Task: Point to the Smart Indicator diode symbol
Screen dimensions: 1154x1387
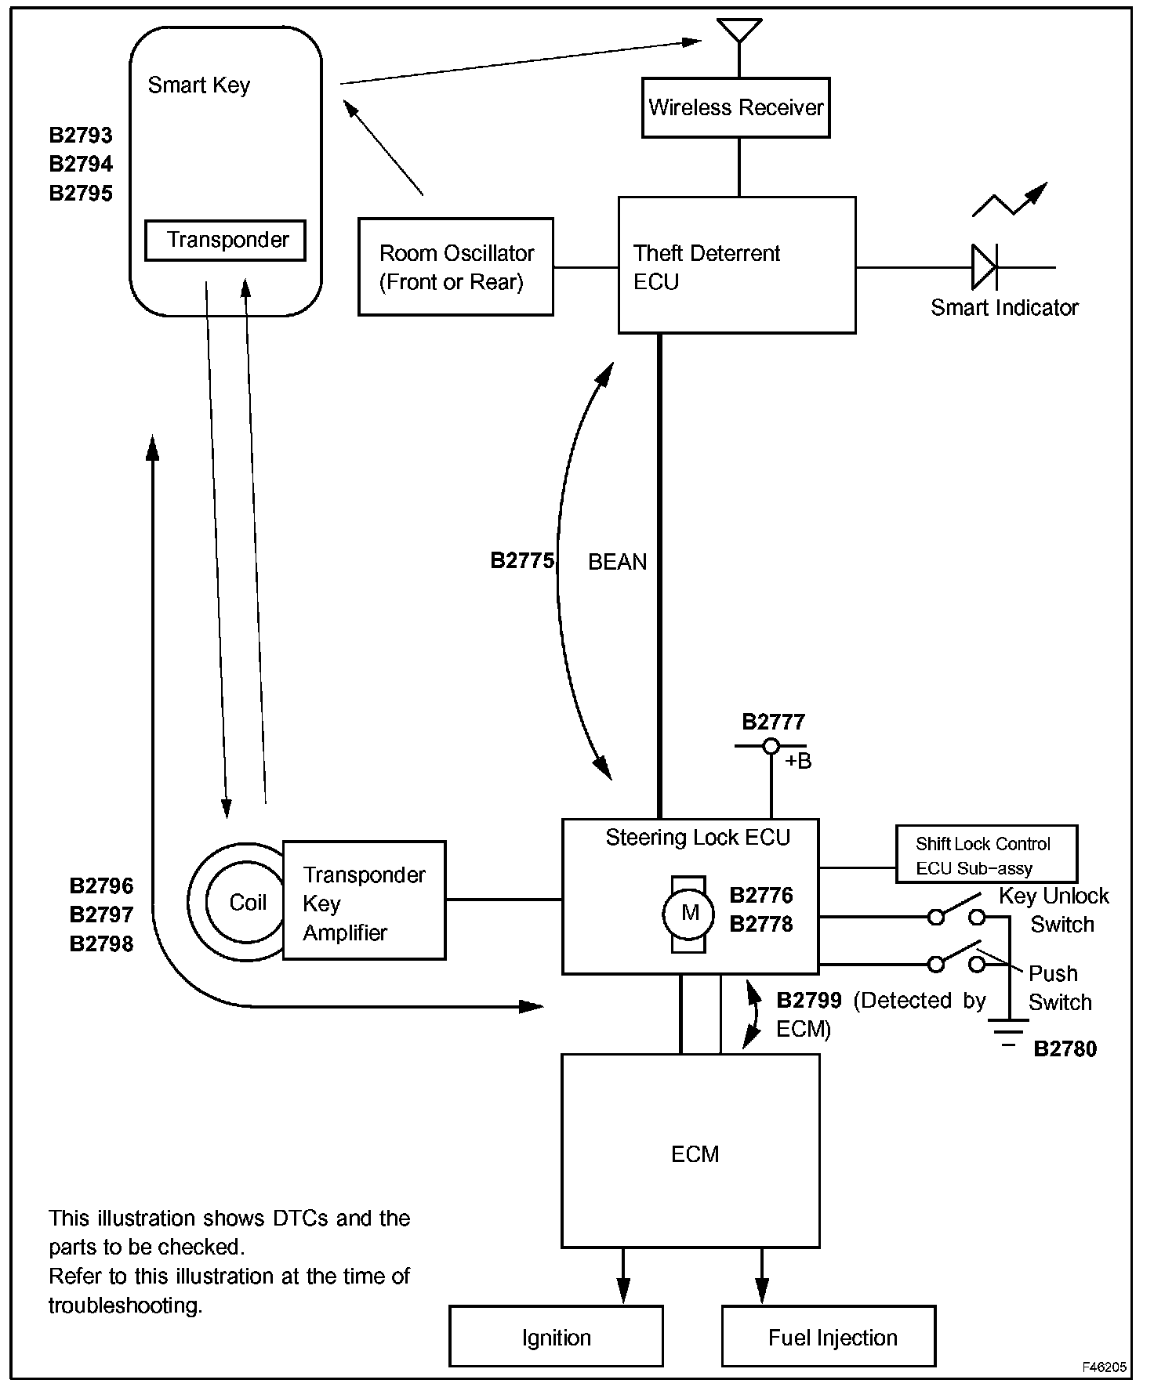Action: (x=985, y=267)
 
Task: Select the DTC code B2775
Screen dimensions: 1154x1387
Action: (x=522, y=560)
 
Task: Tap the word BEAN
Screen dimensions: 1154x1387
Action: (x=618, y=562)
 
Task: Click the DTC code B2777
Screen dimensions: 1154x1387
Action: (x=773, y=722)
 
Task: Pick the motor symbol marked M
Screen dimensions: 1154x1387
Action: (x=690, y=913)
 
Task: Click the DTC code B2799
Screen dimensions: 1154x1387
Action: (x=809, y=1001)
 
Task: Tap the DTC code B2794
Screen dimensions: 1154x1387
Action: (x=81, y=164)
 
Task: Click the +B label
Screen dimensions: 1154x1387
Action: (x=798, y=761)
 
